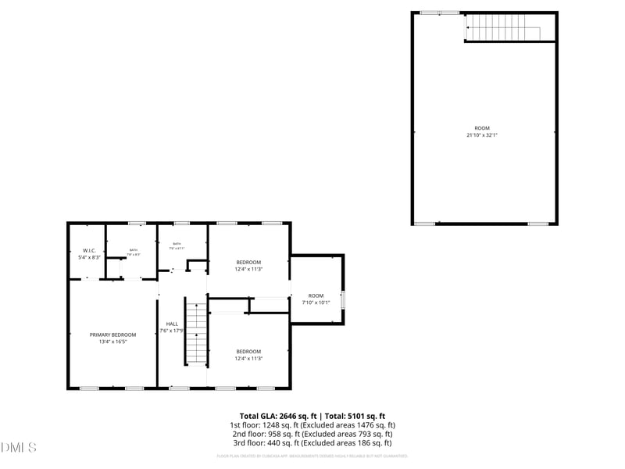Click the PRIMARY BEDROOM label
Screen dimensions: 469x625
(112, 335)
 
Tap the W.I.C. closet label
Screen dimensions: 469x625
(89, 251)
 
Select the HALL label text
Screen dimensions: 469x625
(172, 324)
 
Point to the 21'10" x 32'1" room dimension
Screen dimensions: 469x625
(482, 135)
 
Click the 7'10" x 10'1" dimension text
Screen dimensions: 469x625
(316, 303)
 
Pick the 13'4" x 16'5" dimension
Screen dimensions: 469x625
(112, 342)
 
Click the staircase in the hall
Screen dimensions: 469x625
(196, 333)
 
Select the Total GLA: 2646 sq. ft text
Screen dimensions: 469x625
(278, 416)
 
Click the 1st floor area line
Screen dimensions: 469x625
(312, 425)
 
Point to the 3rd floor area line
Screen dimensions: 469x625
(312, 442)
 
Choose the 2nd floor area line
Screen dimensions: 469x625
(312, 434)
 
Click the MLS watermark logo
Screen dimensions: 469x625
(19, 448)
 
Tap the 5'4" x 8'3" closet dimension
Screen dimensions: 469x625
(89, 257)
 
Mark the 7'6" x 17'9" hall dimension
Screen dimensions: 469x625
(172, 331)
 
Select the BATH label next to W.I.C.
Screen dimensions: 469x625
(133, 250)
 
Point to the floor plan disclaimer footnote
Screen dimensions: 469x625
(312, 456)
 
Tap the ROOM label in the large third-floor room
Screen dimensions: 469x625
(482, 128)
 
